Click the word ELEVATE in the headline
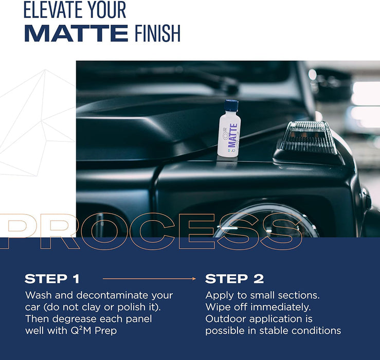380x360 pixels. coord(53,10)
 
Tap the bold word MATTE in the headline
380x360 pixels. coord(76,33)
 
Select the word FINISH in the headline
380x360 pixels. coord(157,33)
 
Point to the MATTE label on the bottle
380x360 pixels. coord(233,135)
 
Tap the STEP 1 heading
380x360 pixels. coord(52,279)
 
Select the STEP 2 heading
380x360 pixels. coord(234,279)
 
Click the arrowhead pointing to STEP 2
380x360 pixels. coord(194,279)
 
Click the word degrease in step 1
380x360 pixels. coord(75,319)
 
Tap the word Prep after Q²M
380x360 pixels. coord(105,331)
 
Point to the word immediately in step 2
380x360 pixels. coord(280,307)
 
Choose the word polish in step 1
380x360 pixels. coord(131,308)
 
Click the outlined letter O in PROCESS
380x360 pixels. coord(104,231)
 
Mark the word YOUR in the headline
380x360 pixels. coord(106,10)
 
